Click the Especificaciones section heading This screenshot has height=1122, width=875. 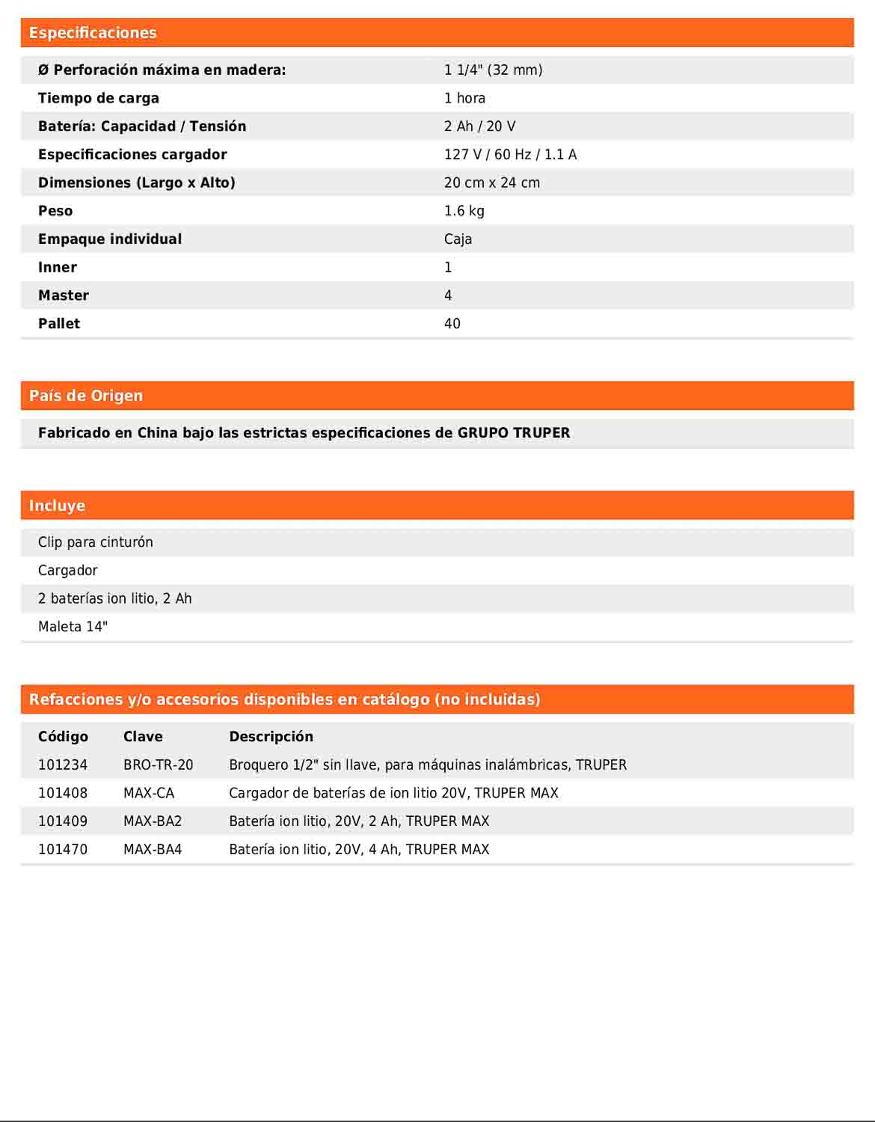pyautogui.click(x=93, y=33)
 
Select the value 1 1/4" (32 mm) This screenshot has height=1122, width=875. pyautogui.click(x=493, y=70)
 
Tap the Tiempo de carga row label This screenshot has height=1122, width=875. pyautogui.click(x=98, y=98)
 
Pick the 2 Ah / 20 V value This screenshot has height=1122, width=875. pyautogui.click(x=479, y=126)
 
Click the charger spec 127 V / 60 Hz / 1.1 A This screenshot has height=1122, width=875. pyautogui.click(x=510, y=155)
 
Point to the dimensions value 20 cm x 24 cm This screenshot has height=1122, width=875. pyautogui.click(x=491, y=183)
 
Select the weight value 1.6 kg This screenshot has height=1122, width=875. pyautogui.click(x=464, y=211)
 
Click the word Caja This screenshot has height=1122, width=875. pyautogui.click(x=458, y=239)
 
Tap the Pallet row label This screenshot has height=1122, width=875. pyautogui.click(x=59, y=324)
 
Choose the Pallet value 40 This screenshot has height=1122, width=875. pyautogui.click(x=452, y=324)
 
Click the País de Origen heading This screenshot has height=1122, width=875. pyautogui.click(x=86, y=396)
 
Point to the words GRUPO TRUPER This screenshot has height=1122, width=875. pyautogui.click(x=514, y=433)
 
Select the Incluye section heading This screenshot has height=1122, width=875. pyautogui.click(x=57, y=506)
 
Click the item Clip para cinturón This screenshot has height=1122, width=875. pyautogui.click(x=96, y=542)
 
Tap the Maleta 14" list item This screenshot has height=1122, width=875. pyautogui.click(x=73, y=627)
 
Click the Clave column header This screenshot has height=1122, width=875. pyautogui.click(x=143, y=737)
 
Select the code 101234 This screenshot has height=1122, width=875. pyautogui.click(x=63, y=765)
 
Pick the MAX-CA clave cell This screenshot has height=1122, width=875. pyautogui.click(x=149, y=793)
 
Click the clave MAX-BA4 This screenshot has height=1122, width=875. pyautogui.click(x=153, y=850)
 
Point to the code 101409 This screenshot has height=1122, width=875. pyautogui.click(x=63, y=821)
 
